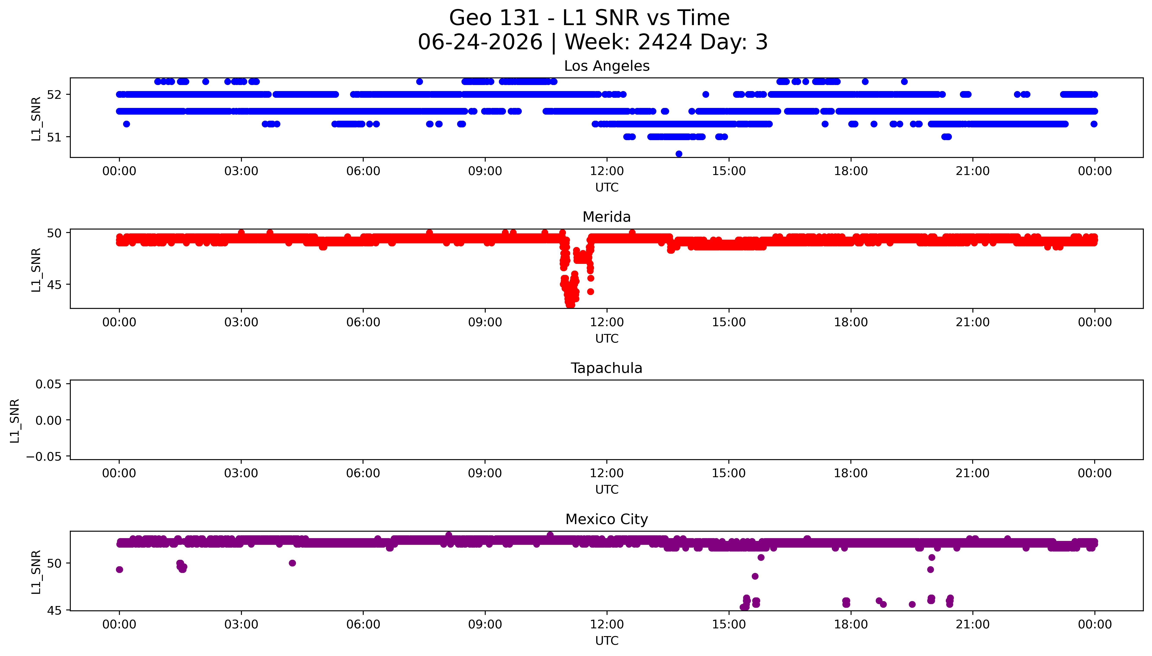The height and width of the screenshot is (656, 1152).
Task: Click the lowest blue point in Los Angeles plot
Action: [x=679, y=154]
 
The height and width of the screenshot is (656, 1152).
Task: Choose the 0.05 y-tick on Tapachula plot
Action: [x=49, y=384]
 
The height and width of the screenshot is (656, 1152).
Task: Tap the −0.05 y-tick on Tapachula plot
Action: [x=44, y=456]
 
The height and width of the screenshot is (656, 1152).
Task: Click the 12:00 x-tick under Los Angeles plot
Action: [x=607, y=171]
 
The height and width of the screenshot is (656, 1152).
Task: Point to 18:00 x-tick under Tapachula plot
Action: [x=851, y=473]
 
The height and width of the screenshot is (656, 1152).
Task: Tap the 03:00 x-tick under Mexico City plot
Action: [x=241, y=624]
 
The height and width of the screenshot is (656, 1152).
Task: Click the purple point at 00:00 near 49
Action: [x=119, y=569]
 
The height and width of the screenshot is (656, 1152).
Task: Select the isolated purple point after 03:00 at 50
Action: [x=292, y=563]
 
